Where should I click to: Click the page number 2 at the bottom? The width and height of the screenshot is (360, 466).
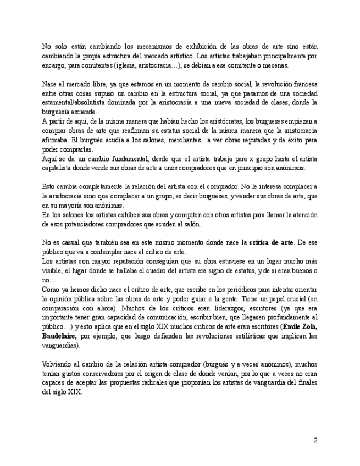pos(315,440)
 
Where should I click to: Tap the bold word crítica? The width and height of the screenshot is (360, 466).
pos(260,242)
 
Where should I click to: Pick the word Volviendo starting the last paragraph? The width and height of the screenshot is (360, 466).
pos(58,364)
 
